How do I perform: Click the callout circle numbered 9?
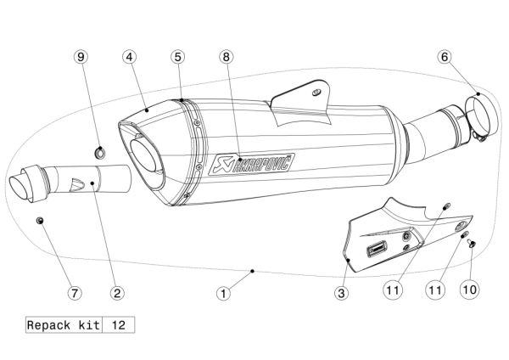coord(81,57)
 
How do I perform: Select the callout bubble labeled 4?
coord(129,57)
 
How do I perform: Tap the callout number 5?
coord(177,57)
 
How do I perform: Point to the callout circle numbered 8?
coord(225,57)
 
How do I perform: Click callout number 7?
coord(75,293)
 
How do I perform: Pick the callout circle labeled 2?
coord(117,293)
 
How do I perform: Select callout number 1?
coord(223,293)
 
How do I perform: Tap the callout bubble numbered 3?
coord(340,293)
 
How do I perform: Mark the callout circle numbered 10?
coord(469,289)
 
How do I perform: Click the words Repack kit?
coord(63,325)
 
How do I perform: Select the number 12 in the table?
coord(118,325)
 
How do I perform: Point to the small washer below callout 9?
coord(99,154)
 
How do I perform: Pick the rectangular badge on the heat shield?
coord(375,250)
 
